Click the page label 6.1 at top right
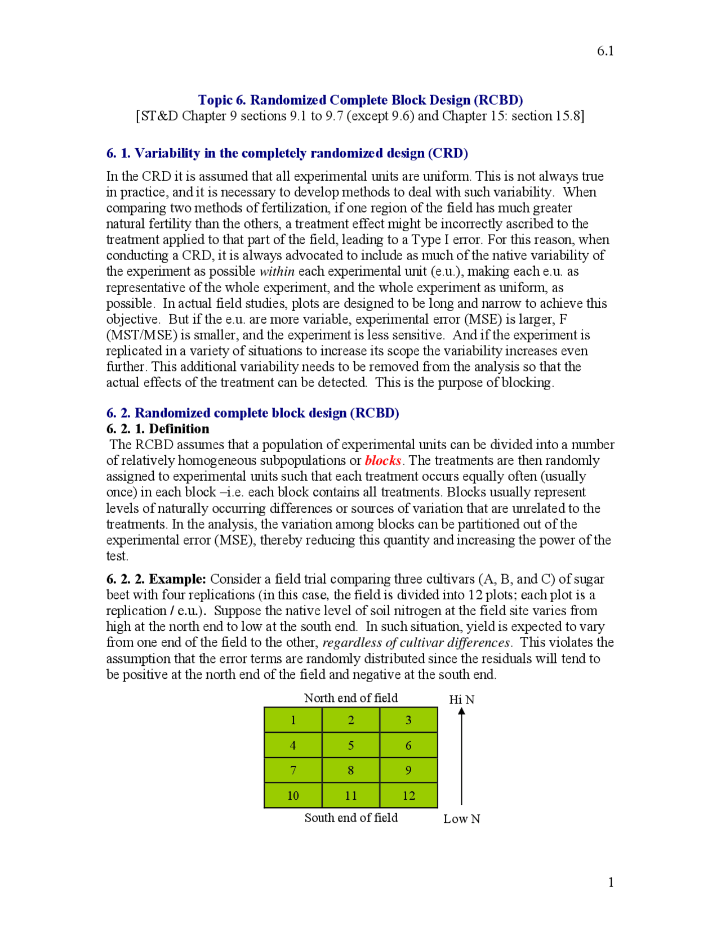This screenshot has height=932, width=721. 605,51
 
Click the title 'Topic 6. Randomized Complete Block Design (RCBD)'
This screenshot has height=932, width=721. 360,100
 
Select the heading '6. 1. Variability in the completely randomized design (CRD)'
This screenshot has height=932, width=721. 287,153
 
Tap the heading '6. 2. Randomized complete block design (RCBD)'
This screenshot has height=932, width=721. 253,413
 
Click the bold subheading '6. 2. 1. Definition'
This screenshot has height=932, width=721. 158,429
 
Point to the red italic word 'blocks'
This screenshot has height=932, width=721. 383,460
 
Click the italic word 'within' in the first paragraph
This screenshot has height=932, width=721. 277,271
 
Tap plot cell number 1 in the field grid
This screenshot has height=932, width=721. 293,720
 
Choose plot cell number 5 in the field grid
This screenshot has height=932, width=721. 351,745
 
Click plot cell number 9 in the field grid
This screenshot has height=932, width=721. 408,770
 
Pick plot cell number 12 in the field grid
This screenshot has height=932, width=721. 408,795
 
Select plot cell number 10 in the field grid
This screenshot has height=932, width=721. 293,795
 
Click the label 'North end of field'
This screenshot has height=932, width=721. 351,698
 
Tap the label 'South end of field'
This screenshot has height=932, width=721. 351,818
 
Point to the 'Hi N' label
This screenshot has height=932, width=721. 461,700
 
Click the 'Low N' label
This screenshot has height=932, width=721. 461,819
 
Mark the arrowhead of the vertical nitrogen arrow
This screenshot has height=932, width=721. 461,711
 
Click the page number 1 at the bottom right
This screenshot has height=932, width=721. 611,882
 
